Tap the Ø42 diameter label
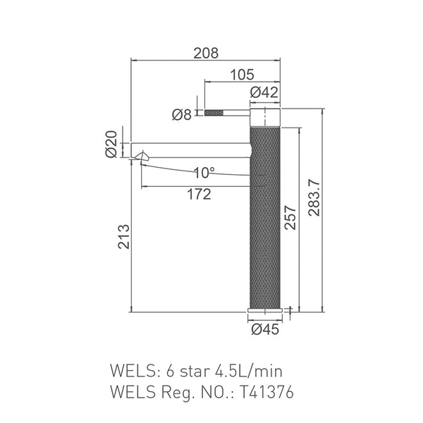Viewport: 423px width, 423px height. [264, 91]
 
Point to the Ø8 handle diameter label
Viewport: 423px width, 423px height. [182, 114]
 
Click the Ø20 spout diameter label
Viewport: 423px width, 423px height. [111, 145]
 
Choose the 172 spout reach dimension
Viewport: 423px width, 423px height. [200, 195]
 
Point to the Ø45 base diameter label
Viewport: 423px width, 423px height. [264, 328]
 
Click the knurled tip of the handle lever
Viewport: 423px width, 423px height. [214, 113]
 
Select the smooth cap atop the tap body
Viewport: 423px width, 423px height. [265, 117]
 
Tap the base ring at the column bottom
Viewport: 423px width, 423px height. [265, 311]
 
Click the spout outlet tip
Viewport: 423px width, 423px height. [144, 158]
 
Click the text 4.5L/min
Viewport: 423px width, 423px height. [246, 370]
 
